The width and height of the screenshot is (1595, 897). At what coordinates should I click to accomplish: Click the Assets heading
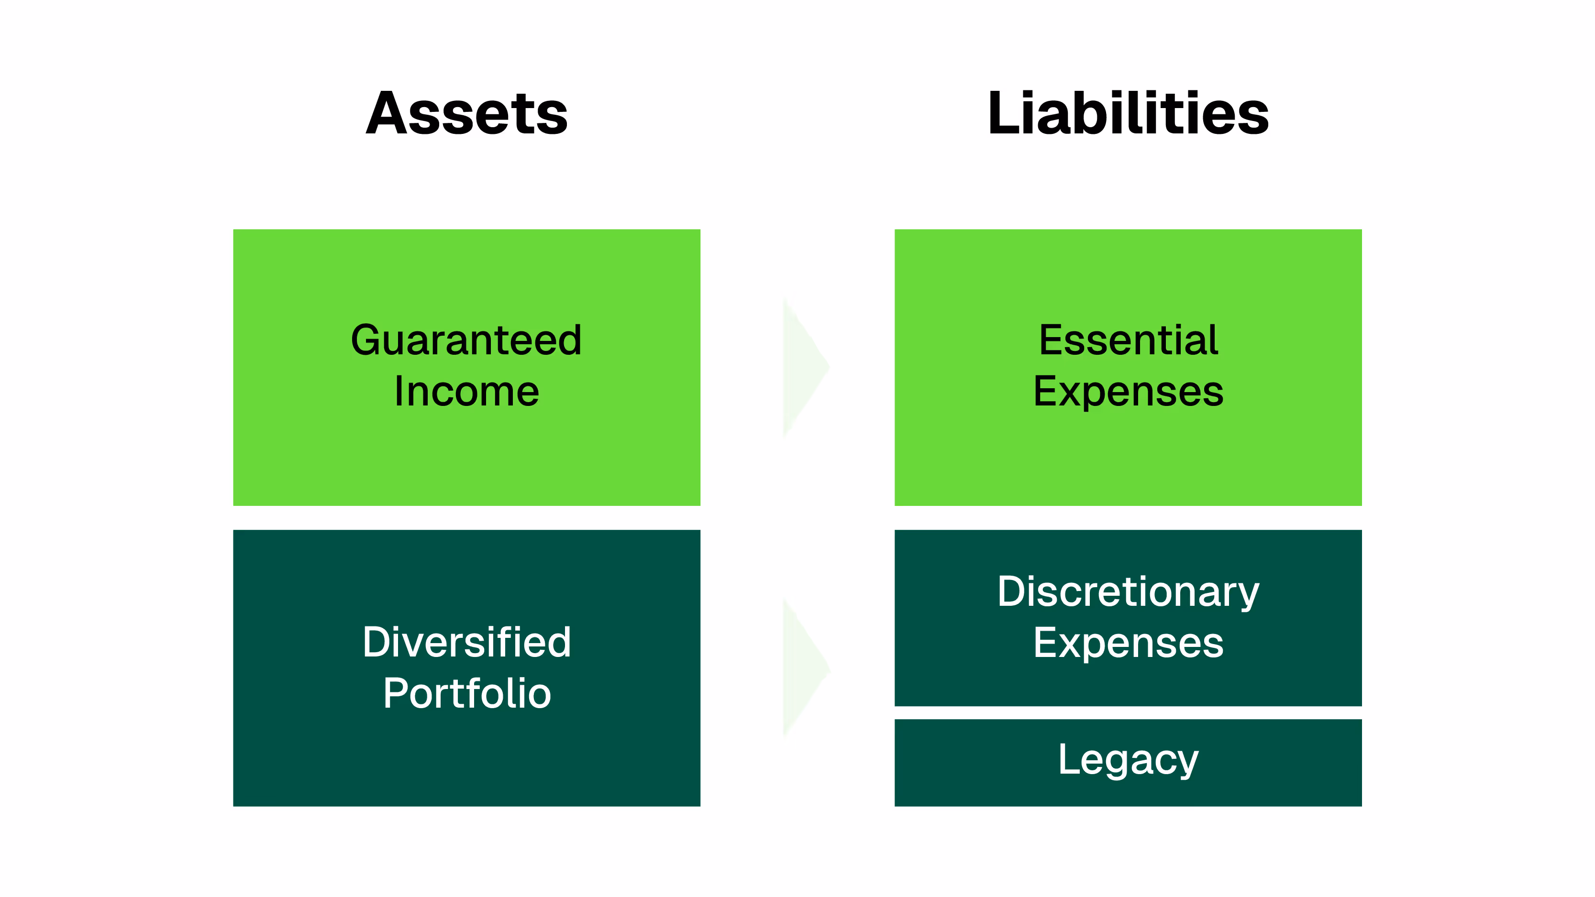click(x=466, y=113)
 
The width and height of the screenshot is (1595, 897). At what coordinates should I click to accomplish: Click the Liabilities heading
click(x=1128, y=113)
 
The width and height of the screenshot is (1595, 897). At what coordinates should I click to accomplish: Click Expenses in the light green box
click(x=1128, y=393)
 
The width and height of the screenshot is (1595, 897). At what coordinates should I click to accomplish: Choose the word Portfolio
click(x=466, y=693)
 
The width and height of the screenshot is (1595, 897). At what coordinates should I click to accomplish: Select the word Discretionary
click(x=1128, y=592)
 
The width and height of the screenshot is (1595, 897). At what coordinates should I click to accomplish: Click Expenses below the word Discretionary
click(x=1128, y=643)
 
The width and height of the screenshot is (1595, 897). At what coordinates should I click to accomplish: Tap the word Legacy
click(x=1128, y=760)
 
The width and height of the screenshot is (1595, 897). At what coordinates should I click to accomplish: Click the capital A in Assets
click(x=386, y=113)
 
